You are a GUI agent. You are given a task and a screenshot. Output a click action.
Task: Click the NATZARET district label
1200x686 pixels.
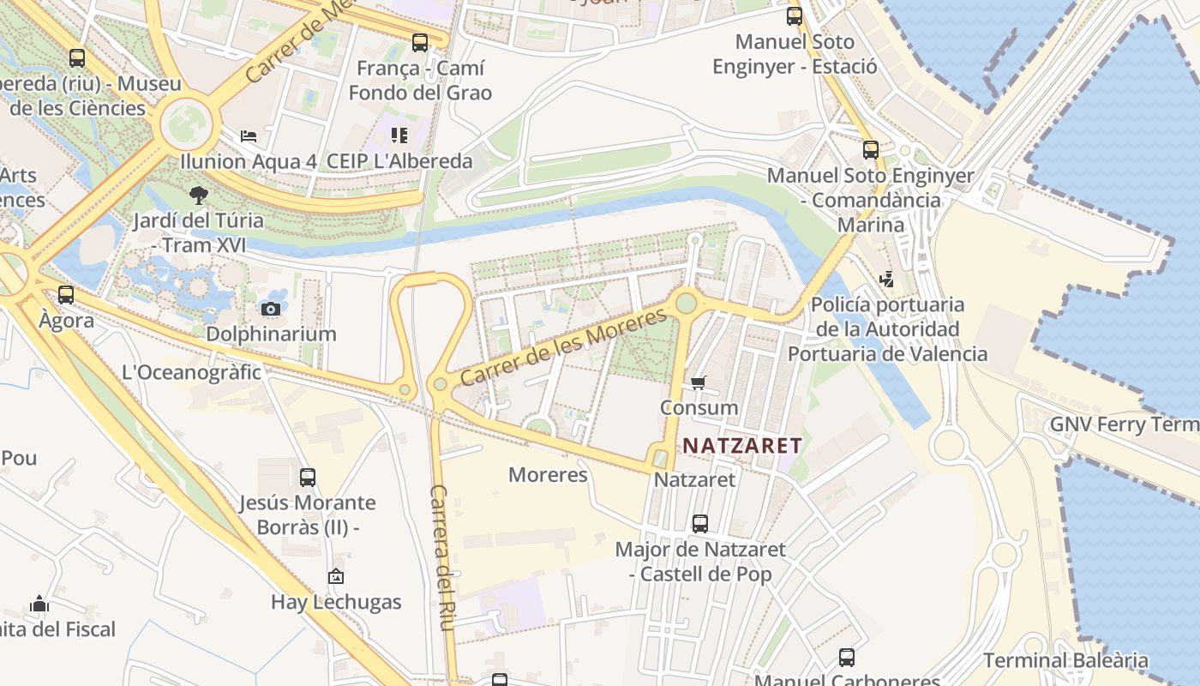742,446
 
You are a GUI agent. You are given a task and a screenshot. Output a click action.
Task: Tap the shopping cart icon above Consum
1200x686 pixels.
699,382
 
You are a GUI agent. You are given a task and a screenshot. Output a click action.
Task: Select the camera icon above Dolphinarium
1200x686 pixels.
271,309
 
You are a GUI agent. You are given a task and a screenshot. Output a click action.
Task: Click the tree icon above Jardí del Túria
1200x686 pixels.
199,196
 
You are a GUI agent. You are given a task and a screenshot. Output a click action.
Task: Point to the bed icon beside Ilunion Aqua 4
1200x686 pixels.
249,136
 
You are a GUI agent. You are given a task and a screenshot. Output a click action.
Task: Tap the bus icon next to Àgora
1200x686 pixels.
66,295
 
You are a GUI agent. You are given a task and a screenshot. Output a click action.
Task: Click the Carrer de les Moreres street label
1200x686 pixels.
562,347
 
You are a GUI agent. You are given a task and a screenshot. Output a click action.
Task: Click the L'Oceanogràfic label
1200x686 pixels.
192,372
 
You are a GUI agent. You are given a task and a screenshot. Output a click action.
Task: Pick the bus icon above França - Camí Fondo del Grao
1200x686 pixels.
420,42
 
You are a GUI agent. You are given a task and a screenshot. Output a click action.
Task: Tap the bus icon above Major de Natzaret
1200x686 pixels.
700,523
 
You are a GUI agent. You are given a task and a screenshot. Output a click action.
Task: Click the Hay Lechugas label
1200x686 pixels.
336,602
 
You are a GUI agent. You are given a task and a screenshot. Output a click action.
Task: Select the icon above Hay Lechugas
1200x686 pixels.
336,577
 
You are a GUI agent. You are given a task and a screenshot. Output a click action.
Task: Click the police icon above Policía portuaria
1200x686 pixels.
887,280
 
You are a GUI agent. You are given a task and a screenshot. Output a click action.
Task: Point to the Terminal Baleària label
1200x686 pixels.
1065,660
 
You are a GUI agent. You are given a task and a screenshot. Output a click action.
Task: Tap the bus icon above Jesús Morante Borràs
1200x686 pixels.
308,478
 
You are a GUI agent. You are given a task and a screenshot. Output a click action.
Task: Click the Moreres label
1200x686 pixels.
548,475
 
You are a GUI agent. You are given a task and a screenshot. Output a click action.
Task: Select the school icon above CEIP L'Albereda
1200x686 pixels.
399,135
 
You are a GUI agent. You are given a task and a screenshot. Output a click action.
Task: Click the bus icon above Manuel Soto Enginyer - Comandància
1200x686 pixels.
871,150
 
